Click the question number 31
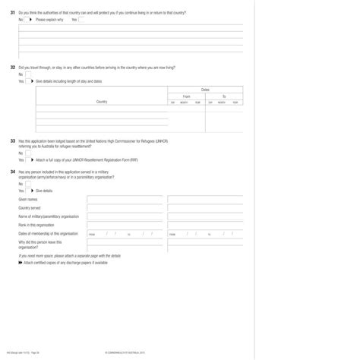tap(12, 13)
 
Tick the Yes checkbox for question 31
tap(82, 20)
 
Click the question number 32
tap(12, 68)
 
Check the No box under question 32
tap(29, 74)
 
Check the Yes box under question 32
tap(29, 81)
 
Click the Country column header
tap(102, 101)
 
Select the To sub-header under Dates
tap(224, 96)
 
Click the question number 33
tap(12, 141)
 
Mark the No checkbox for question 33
tap(29, 153)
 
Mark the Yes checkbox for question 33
tap(29, 160)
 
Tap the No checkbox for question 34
tap(29, 184)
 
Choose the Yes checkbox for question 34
tap(29, 191)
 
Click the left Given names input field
tap(125, 199)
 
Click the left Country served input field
tap(125, 207)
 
